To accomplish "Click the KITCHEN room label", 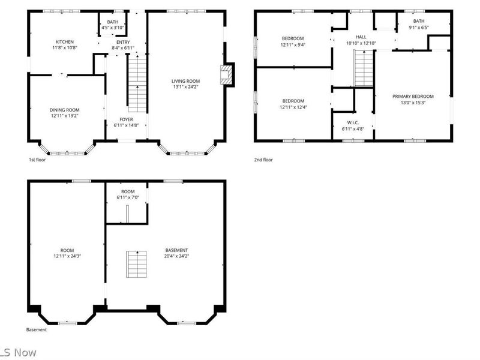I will (x=64, y=42).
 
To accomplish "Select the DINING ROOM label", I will (x=64, y=110).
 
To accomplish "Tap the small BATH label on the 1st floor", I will (x=112, y=22).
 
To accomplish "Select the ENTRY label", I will (x=123, y=42).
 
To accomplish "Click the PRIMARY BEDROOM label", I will (x=413, y=96).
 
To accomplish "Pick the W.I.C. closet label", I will (x=352, y=122).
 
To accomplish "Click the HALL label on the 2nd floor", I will (x=361, y=37).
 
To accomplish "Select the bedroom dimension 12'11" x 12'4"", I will (x=293, y=107).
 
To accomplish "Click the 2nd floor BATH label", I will (x=418, y=21).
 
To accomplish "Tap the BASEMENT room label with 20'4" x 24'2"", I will (x=177, y=250).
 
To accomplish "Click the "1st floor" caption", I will (x=37, y=160).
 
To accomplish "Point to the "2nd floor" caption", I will (x=263, y=160).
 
